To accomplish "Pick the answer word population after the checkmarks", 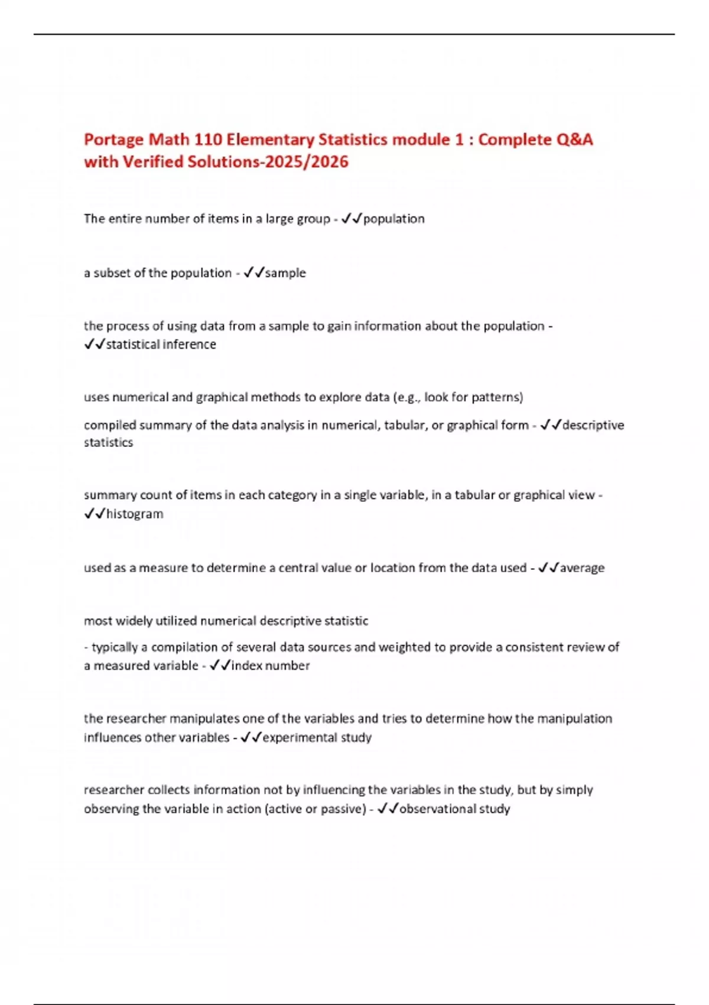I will tap(393, 219).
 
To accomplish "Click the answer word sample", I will tap(285, 273).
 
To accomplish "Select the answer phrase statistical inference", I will tap(161, 344).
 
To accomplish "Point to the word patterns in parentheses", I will tap(495, 397).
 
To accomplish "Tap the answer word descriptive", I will tap(593, 425).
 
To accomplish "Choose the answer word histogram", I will tap(135, 514).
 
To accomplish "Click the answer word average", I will tap(582, 568).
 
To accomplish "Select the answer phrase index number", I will tap(271, 666).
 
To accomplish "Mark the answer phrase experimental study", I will tap(317, 738).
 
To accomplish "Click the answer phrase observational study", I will tap(454, 809).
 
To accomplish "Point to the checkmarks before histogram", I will tap(95, 514).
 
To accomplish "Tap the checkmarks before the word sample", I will tap(253, 273).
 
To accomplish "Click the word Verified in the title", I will tap(152, 161).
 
